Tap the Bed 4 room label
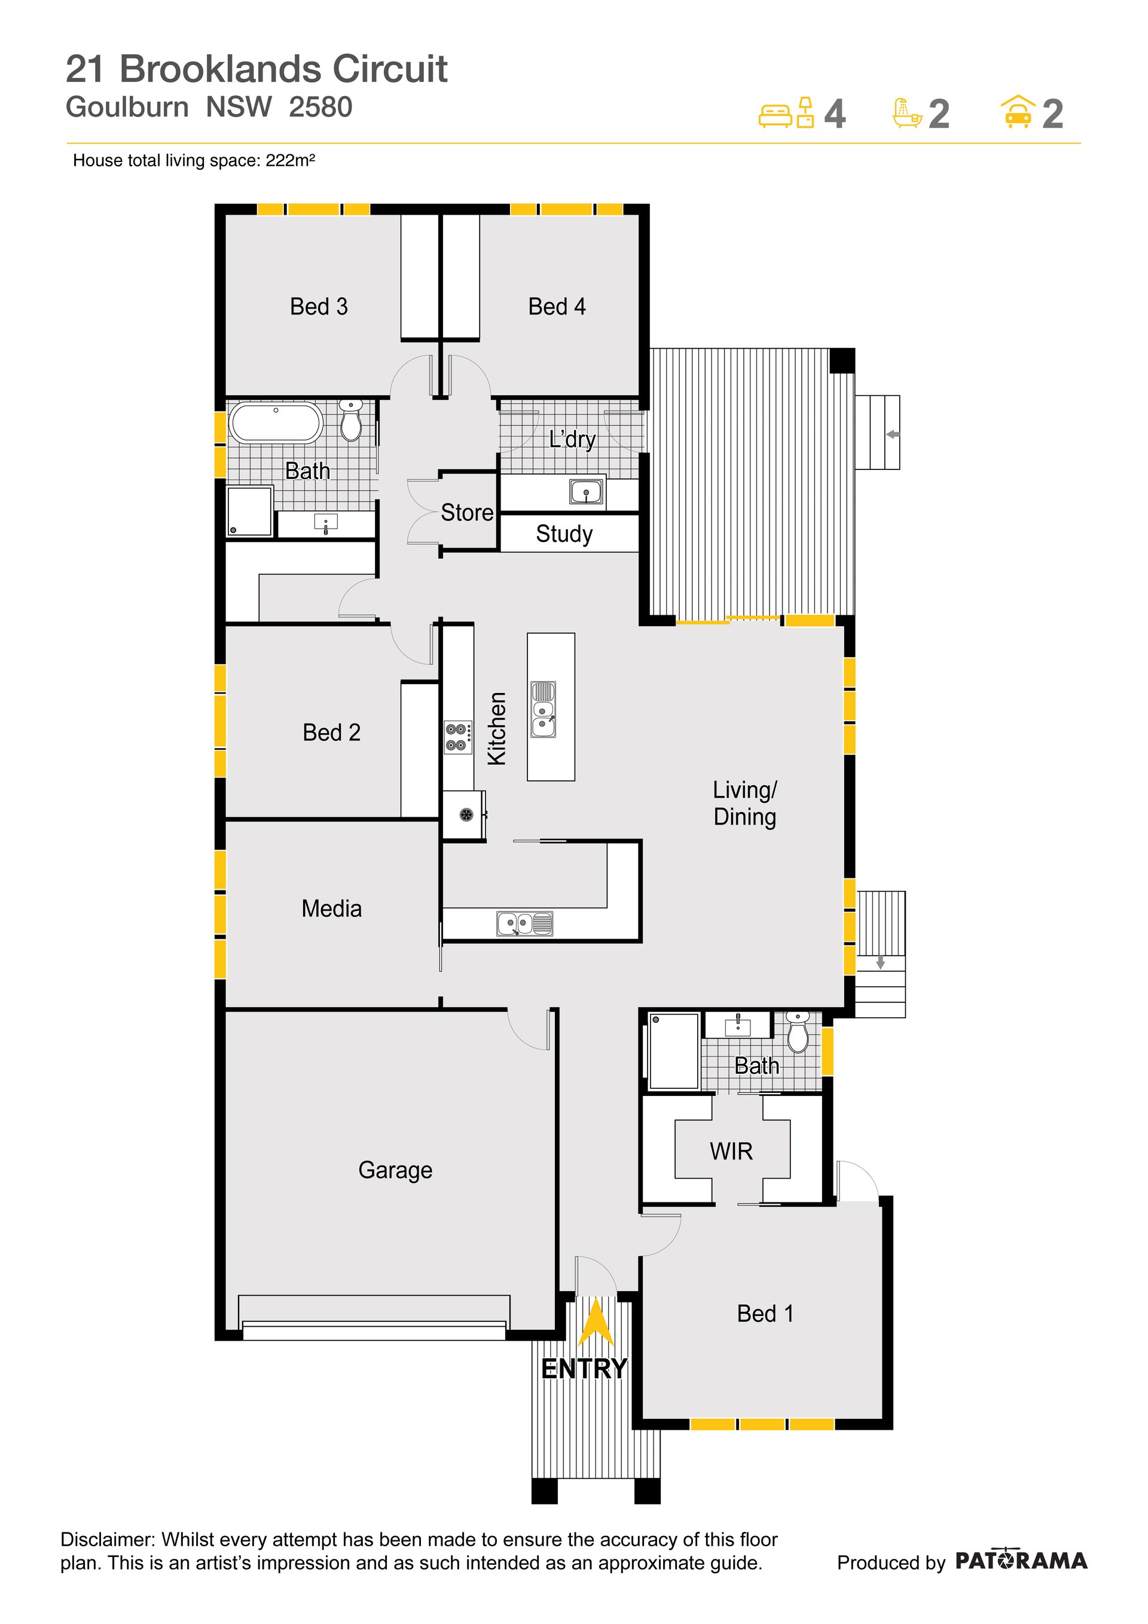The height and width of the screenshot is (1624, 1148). click(x=557, y=306)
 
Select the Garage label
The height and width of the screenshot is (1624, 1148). click(x=395, y=1170)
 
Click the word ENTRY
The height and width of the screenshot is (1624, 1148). click(x=584, y=1369)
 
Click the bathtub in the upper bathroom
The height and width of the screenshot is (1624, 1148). click(x=276, y=423)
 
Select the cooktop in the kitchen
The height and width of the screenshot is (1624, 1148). click(x=457, y=737)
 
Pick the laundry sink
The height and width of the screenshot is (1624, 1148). click(x=586, y=492)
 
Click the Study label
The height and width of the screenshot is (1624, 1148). click(x=564, y=534)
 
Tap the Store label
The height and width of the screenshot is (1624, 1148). click(x=467, y=512)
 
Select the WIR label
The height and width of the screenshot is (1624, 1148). click(x=731, y=1151)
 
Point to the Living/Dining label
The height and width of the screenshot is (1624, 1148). click(x=745, y=803)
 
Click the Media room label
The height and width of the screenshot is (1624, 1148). click(x=331, y=908)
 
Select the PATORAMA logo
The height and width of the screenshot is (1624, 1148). click(x=1021, y=1561)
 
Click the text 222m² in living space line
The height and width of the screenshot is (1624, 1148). click(x=290, y=161)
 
